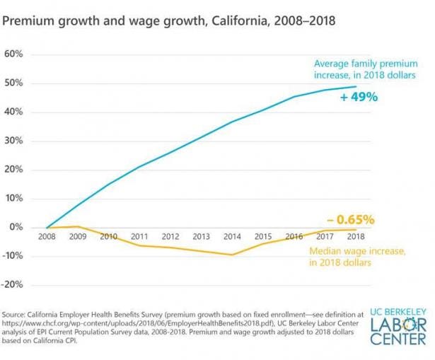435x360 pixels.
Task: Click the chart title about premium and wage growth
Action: pos(169,22)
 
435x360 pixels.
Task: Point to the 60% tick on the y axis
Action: pos(15,54)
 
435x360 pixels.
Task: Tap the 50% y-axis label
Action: pos(15,83)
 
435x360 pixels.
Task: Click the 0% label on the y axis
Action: pos(17,227)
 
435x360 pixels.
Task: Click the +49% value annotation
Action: pos(359,98)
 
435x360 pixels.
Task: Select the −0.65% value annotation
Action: pos(350,219)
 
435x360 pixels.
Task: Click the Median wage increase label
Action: pos(351,256)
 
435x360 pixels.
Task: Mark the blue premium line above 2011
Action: pos(139,167)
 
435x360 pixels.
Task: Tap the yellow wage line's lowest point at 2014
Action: pos(232,255)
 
